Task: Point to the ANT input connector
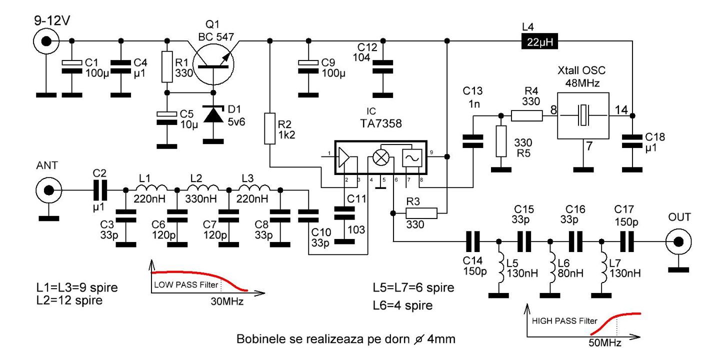click(x=48, y=190)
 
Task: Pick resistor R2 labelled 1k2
click(x=270, y=129)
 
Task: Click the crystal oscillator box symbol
click(x=583, y=116)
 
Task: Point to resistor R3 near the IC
click(x=423, y=213)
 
